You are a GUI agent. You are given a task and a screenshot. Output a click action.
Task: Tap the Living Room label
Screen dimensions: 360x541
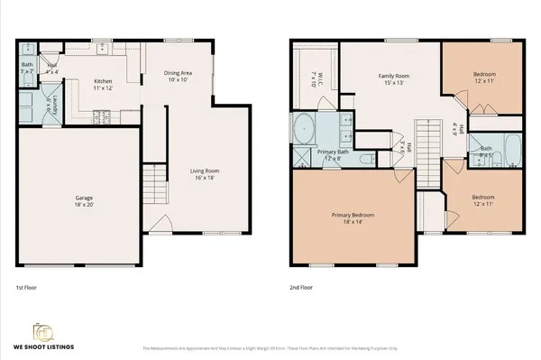pyautogui.click(x=205, y=173)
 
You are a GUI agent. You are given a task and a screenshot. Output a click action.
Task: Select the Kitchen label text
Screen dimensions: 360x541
pyautogui.click(x=103, y=85)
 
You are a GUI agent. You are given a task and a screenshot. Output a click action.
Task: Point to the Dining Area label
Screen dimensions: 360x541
pyautogui.click(x=179, y=76)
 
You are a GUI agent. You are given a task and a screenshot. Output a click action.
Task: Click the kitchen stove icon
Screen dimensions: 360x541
pyautogui.click(x=103, y=115)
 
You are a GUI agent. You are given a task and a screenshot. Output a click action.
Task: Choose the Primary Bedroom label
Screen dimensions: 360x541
pyautogui.click(x=353, y=217)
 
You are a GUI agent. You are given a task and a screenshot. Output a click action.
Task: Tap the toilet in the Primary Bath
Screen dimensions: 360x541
pyautogui.click(x=364, y=159)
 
